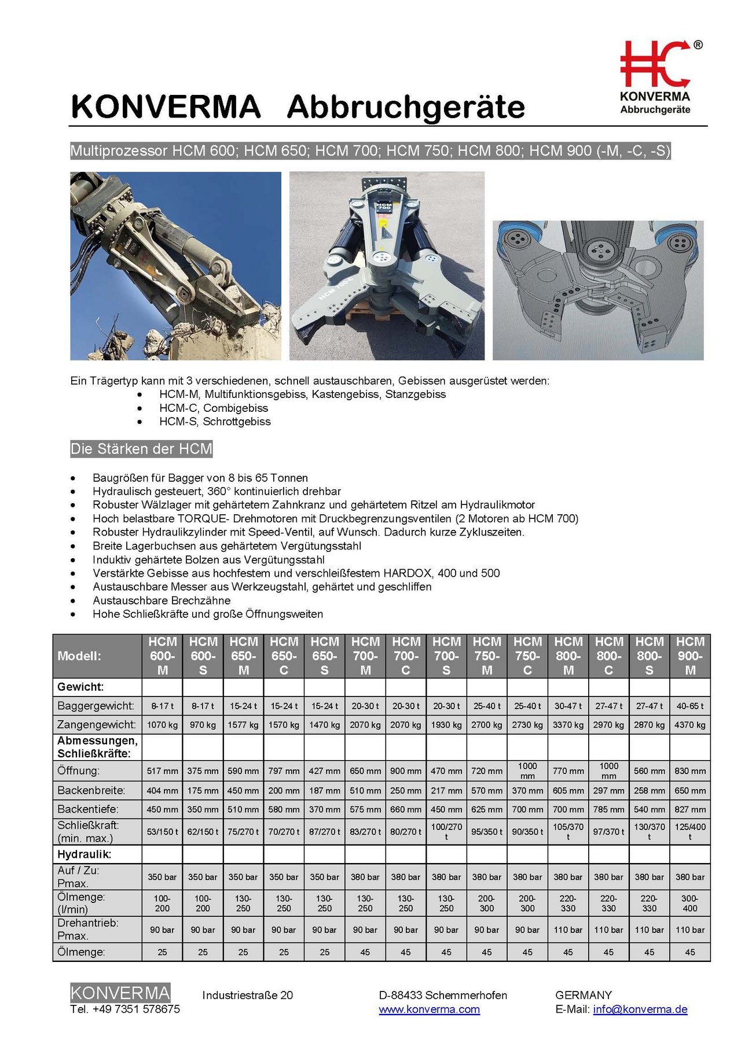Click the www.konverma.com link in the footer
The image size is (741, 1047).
(429, 1009)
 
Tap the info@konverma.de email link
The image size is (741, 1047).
(640, 1009)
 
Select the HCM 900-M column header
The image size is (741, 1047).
(690, 656)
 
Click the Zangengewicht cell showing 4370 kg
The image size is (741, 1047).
(690, 725)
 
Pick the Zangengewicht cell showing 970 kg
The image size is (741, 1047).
(203, 725)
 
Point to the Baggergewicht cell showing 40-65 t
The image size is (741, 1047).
(690, 706)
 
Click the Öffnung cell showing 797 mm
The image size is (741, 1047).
(284, 771)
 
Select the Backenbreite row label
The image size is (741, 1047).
(91, 790)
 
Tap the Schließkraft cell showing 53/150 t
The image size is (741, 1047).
(162, 832)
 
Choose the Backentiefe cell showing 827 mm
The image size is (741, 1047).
(690, 809)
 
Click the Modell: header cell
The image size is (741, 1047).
(79, 656)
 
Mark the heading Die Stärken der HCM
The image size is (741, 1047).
(141, 449)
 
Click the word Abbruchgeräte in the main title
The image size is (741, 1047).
(406, 107)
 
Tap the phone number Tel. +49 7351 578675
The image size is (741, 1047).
(125, 1009)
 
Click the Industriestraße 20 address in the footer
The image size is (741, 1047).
(247, 995)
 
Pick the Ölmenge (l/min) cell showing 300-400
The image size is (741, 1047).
(690, 904)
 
